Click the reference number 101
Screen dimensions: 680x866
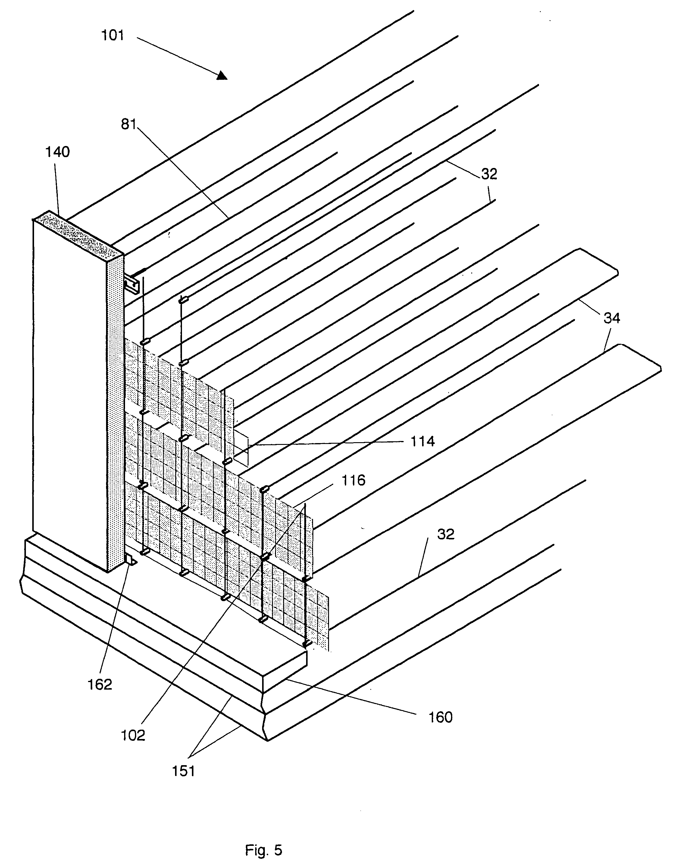113,36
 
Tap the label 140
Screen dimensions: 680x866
58,152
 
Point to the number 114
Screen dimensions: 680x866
423,441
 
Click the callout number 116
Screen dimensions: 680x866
353,480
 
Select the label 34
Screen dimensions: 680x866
612,318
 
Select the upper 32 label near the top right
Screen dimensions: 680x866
489,174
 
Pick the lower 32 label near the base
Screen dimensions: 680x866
446,534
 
